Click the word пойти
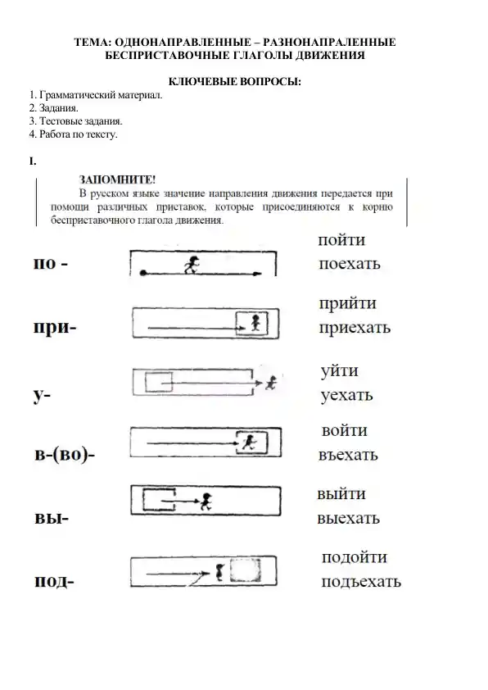(342, 241)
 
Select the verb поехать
(350, 265)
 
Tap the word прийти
(348, 304)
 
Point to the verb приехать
(355, 328)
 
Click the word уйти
(340, 371)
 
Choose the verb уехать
(347, 395)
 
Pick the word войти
(345, 430)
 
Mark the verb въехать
(348, 455)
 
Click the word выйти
(341, 494)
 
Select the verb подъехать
(361, 582)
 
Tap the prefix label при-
(55, 329)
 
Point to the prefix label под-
(54, 582)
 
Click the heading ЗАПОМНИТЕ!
(117, 179)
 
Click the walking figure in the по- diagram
(194, 264)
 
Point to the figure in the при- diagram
(255, 322)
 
